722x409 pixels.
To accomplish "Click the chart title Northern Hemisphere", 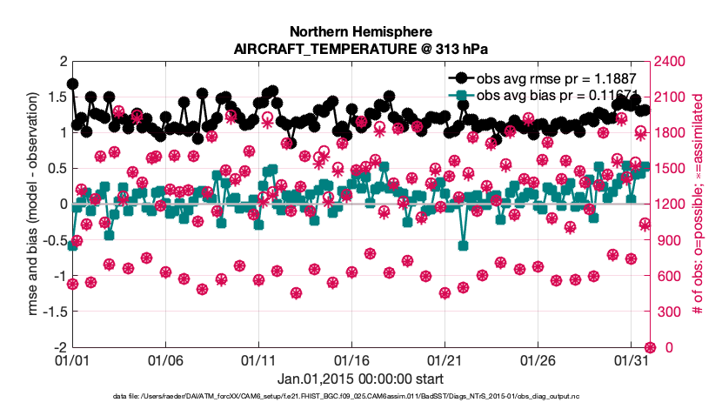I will tap(359, 30).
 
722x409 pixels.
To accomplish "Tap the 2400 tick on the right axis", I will tap(671, 62).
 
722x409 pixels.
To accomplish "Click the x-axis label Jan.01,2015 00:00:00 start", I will tap(360, 379).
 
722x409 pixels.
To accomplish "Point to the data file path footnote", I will tap(360, 397).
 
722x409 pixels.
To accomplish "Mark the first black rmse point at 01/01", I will tap(72, 84).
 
